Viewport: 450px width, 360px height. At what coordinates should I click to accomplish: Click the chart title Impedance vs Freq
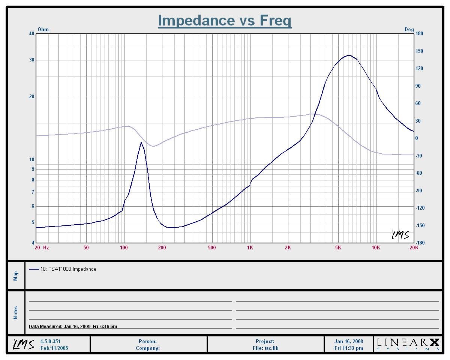point(225,20)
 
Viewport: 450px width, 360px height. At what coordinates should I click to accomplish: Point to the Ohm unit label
point(43,30)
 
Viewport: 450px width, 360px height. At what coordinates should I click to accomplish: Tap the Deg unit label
point(409,30)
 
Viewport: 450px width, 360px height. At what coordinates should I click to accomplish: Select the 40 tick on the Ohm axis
point(31,34)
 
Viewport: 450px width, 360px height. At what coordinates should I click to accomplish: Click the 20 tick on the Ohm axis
point(31,97)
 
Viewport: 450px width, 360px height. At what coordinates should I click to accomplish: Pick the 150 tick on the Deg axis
point(419,51)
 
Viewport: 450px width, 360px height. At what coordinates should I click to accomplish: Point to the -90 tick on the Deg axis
point(419,191)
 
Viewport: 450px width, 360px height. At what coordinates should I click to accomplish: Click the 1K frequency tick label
point(250,247)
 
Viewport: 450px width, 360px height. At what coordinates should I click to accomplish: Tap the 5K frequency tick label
point(338,247)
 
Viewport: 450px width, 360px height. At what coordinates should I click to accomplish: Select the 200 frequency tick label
point(162,247)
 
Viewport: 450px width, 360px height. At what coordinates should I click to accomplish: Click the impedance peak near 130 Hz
point(141,142)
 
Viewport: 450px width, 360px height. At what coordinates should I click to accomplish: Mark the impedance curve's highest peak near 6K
point(349,55)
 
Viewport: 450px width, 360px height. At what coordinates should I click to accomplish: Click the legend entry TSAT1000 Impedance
point(68,269)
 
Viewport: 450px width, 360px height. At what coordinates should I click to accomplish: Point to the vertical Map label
point(16,276)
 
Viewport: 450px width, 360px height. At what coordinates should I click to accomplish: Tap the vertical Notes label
point(16,313)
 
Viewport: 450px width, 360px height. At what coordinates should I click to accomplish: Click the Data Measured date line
point(73,327)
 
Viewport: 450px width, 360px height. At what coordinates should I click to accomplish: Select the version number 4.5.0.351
point(50,342)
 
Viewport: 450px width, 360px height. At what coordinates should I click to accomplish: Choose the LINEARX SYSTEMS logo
point(407,344)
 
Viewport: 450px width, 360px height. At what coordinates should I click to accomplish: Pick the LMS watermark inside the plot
point(400,235)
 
